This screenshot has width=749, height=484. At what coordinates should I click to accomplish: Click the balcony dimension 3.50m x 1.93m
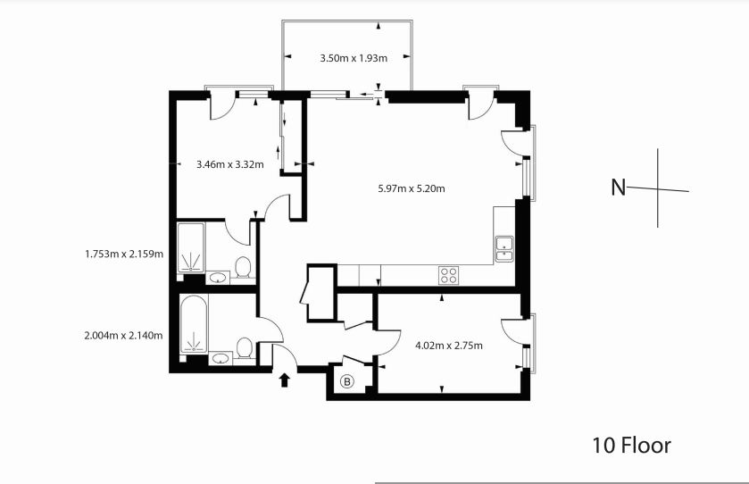click(x=354, y=59)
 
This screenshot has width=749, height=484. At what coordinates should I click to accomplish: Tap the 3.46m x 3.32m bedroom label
click(x=229, y=164)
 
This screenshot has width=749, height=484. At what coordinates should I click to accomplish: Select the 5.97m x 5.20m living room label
click(x=412, y=188)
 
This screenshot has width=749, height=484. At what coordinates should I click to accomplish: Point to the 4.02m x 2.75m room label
click(x=449, y=345)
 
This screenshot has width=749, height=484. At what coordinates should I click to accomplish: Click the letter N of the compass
click(x=618, y=188)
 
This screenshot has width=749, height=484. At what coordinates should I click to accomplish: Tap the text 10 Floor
click(x=631, y=445)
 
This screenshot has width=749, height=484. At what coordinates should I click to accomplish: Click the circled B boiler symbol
click(x=347, y=382)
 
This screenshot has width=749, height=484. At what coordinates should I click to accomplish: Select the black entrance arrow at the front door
click(x=285, y=380)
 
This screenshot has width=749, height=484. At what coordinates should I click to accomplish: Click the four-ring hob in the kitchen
click(x=448, y=276)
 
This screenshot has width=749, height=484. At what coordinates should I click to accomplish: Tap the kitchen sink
click(x=504, y=247)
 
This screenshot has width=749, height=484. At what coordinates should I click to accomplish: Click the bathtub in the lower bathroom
click(x=193, y=327)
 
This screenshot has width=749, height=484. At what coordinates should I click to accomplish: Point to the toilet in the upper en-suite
click(x=242, y=267)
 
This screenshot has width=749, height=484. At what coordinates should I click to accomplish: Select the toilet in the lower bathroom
click(x=243, y=347)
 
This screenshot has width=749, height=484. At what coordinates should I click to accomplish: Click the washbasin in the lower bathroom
click(x=221, y=359)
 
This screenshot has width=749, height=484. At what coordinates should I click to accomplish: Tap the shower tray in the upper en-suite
click(x=191, y=249)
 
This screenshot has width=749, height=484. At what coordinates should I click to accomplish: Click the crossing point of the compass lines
click(x=659, y=188)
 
